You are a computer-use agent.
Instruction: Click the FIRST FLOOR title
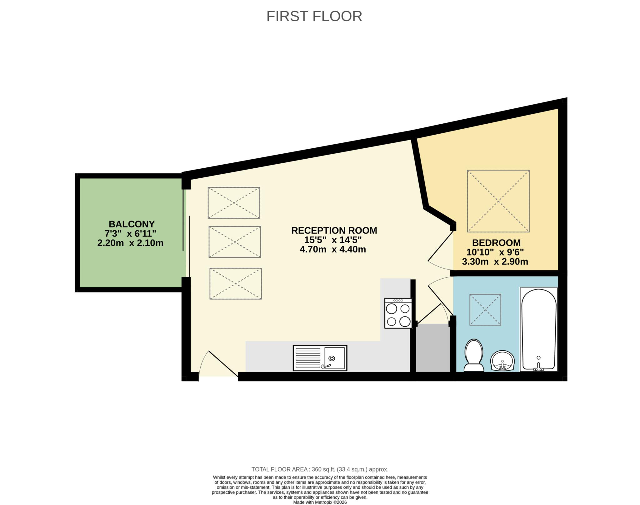[314, 16]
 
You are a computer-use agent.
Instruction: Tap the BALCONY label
[132, 224]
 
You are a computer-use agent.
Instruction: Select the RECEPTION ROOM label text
[334, 230]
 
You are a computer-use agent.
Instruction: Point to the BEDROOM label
[496, 243]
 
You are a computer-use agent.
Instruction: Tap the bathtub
[538, 329]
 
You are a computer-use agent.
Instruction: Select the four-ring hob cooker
[398, 313]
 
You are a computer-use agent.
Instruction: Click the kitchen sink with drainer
[320, 358]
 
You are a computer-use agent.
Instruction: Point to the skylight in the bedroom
[498, 201]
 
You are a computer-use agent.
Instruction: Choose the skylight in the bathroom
[485, 309]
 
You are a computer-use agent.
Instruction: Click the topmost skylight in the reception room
[234, 203]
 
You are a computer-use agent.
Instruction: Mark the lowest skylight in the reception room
[235, 284]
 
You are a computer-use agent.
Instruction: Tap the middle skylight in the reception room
[234, 242]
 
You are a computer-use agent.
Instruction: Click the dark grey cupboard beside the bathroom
[432, 348]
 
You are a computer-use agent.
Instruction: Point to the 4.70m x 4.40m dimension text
[332, 250]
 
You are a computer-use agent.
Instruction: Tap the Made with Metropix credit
[320, 503]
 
